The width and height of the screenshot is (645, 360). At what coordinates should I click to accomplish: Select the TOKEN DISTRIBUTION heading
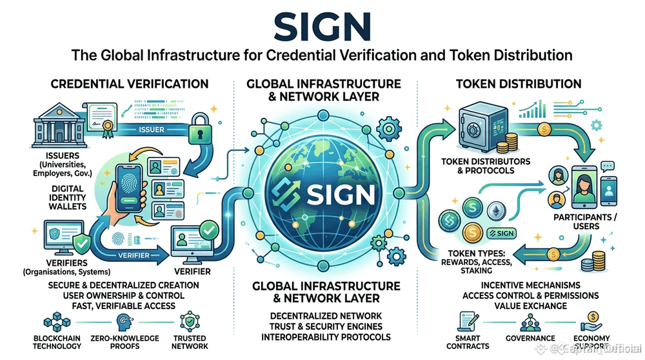coord(518,84)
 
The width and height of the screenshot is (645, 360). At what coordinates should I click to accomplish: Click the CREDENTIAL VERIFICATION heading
coord(129,84)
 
